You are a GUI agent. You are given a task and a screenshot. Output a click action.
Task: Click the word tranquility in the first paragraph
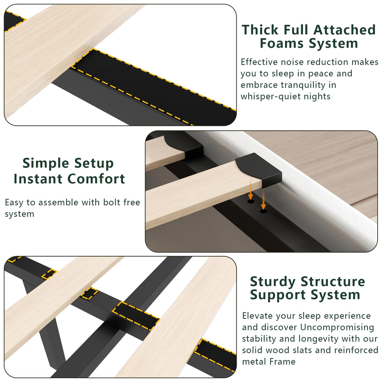(303, 85)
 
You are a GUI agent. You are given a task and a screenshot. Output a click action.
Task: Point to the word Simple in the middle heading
(46, 163)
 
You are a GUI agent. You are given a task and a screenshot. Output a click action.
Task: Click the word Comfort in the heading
(96, 179)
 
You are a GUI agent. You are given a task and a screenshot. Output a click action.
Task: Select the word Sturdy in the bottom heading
(272, 281)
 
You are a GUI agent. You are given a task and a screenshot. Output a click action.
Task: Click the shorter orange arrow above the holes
(250, 189)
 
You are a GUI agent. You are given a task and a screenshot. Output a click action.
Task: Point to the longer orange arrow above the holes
(263, 199)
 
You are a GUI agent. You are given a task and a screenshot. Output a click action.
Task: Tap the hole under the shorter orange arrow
(251, 202)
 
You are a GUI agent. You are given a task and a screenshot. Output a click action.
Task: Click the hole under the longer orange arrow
(263, 211)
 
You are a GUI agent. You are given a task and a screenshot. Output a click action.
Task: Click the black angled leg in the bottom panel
(46, 325)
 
